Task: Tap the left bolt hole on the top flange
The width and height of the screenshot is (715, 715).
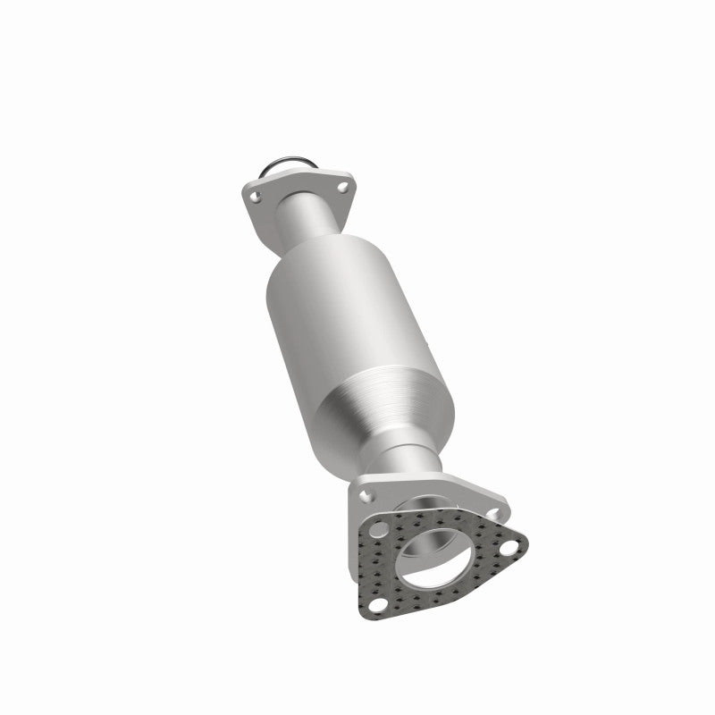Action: click(255, 192)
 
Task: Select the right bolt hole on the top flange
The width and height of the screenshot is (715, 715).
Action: click(343, 188)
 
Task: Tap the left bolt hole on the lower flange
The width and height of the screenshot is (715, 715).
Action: click(366, 491)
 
